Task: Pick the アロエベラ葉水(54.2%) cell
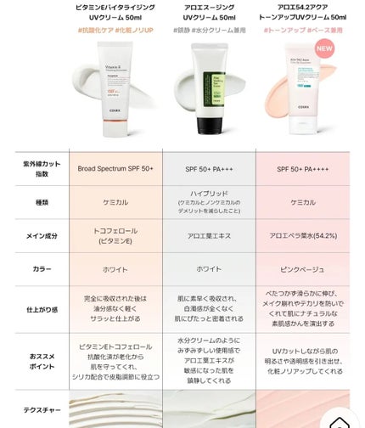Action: [304, 236]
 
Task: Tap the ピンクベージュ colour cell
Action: [304, 268]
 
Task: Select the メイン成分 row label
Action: [34, 236]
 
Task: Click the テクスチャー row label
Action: [34, 409]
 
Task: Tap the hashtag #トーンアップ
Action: [284, 31]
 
